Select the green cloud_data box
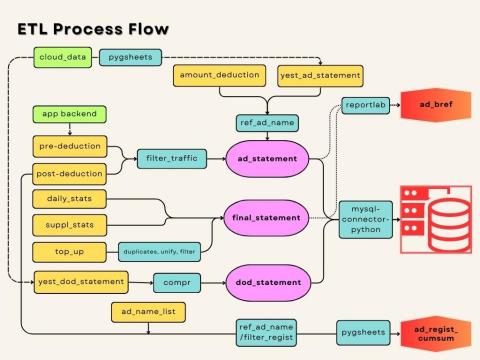pyautogui.click(x=61, y=58)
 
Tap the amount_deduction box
pyautogui.click(x=221, y=76)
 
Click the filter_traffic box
pyautogui.click(x=172, y=158)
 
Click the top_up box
pyautogui.click(x=72, y=251)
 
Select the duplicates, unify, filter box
pyautogui.click(x=157, y=251)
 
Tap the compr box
pyautogui.click(x=179, y=283)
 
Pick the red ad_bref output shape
pyautogui.click(x=434, y=104)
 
